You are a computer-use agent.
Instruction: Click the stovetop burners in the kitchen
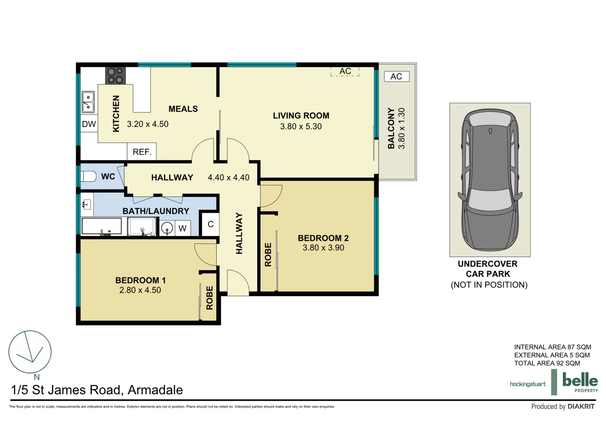[115, 75]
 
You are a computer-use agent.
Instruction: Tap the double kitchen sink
[88, 102]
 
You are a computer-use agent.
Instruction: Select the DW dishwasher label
[89, 124]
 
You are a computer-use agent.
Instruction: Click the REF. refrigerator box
[142, 152]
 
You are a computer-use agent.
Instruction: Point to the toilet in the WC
[88, 176]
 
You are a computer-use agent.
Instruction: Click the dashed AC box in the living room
[345, 71]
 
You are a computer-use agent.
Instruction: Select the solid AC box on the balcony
[396, 76]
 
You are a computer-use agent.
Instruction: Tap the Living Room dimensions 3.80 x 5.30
[301, 127]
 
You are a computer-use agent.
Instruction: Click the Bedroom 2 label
[323, 238]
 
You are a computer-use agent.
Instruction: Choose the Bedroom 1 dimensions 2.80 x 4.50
[140, 290]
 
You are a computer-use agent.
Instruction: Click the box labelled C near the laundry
[210, 224]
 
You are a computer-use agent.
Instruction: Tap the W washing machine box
[182, 228]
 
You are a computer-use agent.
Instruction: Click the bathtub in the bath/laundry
[102, 226]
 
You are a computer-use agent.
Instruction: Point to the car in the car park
[490, 180]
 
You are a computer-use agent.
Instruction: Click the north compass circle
[30, 352]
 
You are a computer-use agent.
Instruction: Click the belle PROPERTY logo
[580, 382]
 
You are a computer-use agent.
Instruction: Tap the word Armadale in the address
[155, 390]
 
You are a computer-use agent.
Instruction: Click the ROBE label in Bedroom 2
[268, 255]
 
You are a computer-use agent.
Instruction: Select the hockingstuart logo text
[527, 384]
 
